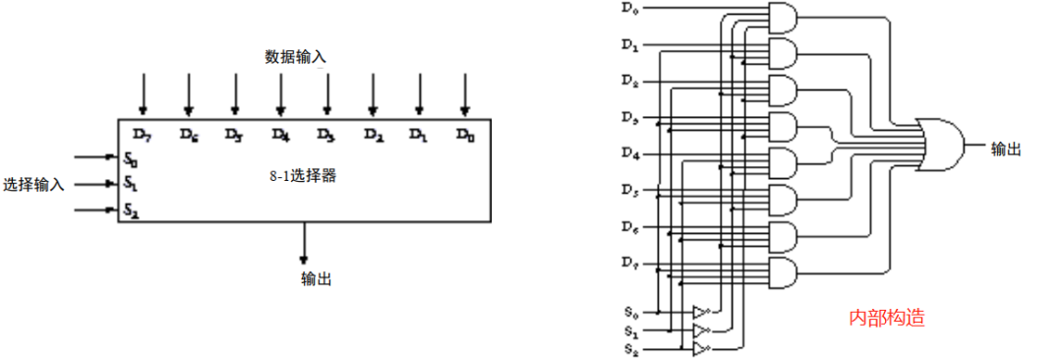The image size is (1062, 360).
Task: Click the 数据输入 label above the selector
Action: click(295, 57)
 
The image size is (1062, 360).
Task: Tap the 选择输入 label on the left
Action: click(33, 184)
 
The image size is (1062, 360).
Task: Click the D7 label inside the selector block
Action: click(142, 133)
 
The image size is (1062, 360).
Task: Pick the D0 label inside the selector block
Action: click(465, 133)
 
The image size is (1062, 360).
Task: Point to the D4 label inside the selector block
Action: click(280, 133)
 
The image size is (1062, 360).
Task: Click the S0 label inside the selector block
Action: click(131, 157)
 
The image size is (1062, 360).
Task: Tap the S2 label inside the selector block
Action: click(131, 210)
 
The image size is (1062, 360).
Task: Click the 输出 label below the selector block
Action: click(316, 279)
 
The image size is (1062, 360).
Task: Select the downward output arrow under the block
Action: click(304, 242)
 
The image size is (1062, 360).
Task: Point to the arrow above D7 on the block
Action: click(143, 93)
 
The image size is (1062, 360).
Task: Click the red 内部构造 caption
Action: click(887, 319)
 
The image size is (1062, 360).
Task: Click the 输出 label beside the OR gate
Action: click(1006, 149)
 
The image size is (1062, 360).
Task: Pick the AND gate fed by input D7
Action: click(781, 272)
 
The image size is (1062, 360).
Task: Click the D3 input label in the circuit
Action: click(630, 118)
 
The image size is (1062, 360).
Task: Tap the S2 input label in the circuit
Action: click(629, 350)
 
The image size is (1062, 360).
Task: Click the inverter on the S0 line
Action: click(700, 312)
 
